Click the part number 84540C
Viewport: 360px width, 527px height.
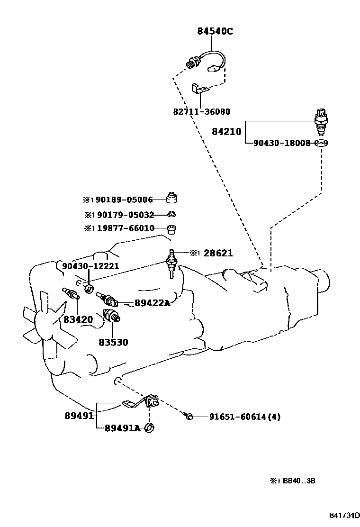(x=215, y=32)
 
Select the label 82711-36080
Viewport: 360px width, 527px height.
(x=201, y=112)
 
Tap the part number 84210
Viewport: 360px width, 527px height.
(x=226, y=131)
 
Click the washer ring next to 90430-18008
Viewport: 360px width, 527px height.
(x=321, y=143)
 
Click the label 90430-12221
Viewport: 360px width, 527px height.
(x=90, y=266)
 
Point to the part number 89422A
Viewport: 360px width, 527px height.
(x=152, y=303)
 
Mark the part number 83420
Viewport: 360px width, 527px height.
(x=78, y=319)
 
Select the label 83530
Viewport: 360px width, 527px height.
(x=113, y=342)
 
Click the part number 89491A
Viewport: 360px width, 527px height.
(x=122, y=428)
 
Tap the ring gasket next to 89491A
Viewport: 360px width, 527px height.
(x=150, y=428)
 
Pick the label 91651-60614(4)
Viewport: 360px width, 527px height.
(x=245, y=417)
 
